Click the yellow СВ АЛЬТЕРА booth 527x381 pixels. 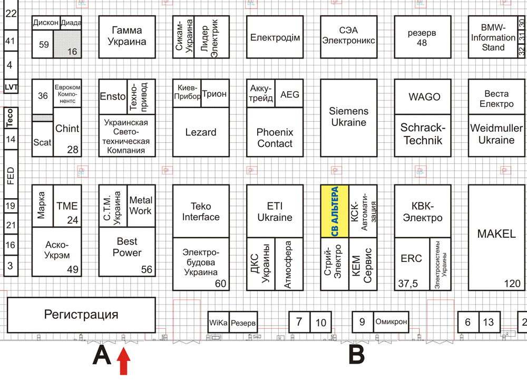click(x=335, y=211)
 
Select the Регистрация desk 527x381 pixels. click(x=81, y=315)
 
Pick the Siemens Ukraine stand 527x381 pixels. click(x=348, y=117)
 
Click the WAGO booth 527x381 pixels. click(x=424, y=96)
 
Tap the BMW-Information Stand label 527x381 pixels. click(x=493, y=37)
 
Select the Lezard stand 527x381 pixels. click(x=201, y=132)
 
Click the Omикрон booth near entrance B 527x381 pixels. click(x=391, y=321)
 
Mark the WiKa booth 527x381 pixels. click(x=218, y=322)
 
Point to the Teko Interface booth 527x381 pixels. click(x=201, y=211)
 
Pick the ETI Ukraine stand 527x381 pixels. click(x=275, y=211)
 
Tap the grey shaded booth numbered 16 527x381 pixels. click(x=67, y=44)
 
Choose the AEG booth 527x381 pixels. click(x=289, y=94)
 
